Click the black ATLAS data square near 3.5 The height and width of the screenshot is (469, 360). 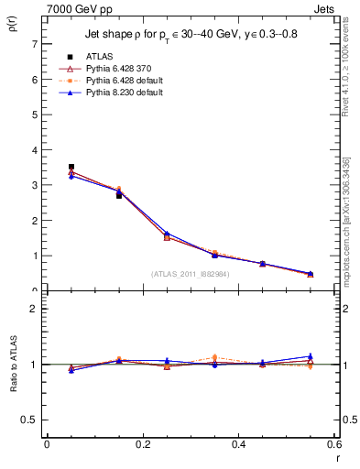pyautogui.click(x=71, y=167)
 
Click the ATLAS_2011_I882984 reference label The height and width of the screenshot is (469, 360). pyautogui.click(x=190, y=273)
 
